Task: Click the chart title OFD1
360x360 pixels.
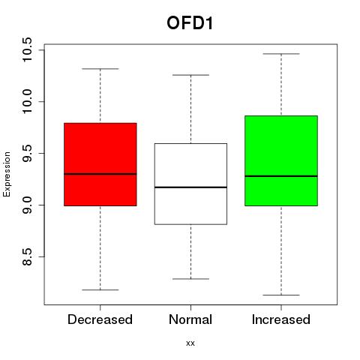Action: tap(190, 23)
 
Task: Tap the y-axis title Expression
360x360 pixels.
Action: tap(7, 174)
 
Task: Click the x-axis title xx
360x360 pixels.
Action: tap(190, 343)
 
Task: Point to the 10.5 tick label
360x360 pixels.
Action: tap(26, 49)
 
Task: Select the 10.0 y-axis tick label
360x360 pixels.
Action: tap(26, 101)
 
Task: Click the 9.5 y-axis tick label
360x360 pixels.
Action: tap(26, 153)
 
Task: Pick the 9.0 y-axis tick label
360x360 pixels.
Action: tap(26, 205)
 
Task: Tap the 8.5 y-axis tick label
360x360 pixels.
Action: tap(26, 256)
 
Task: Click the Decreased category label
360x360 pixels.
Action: tap(100, 319)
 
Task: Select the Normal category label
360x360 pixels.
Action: tap(190, 319)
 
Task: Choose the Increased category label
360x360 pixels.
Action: tap(281, 319)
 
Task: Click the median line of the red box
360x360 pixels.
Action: tap(100, 174)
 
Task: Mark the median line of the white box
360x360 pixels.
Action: tap(190, 187)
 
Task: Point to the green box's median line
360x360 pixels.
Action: tap(281, 176)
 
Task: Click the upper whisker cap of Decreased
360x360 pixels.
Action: tap(100, 68)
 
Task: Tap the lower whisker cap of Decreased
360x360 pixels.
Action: tap(100, 290)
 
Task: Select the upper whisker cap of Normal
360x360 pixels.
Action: tap(190, 75)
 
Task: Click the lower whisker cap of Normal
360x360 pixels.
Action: tap(190, 279)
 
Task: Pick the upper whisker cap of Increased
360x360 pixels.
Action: tap(281, 54)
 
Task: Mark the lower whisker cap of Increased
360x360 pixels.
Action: tap(281, 295)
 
